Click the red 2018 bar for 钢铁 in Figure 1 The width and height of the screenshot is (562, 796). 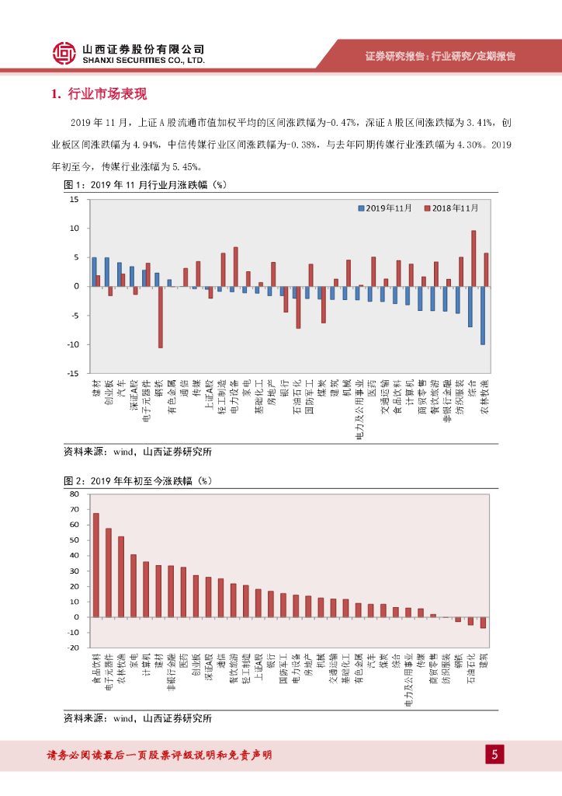tap(161, 316)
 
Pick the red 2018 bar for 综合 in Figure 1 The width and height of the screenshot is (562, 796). tap(474, 258)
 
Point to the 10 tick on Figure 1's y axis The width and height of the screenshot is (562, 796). tap(75, 229)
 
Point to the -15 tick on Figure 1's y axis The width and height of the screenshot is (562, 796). tap(74, 373)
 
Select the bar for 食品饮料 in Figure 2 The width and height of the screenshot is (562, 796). tap(96, 564)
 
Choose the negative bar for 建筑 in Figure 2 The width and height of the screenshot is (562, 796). tap(483, 622)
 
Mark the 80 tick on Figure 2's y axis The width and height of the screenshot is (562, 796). tap(75, 494)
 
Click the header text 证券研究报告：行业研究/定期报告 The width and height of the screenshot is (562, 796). tap(440, 56)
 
